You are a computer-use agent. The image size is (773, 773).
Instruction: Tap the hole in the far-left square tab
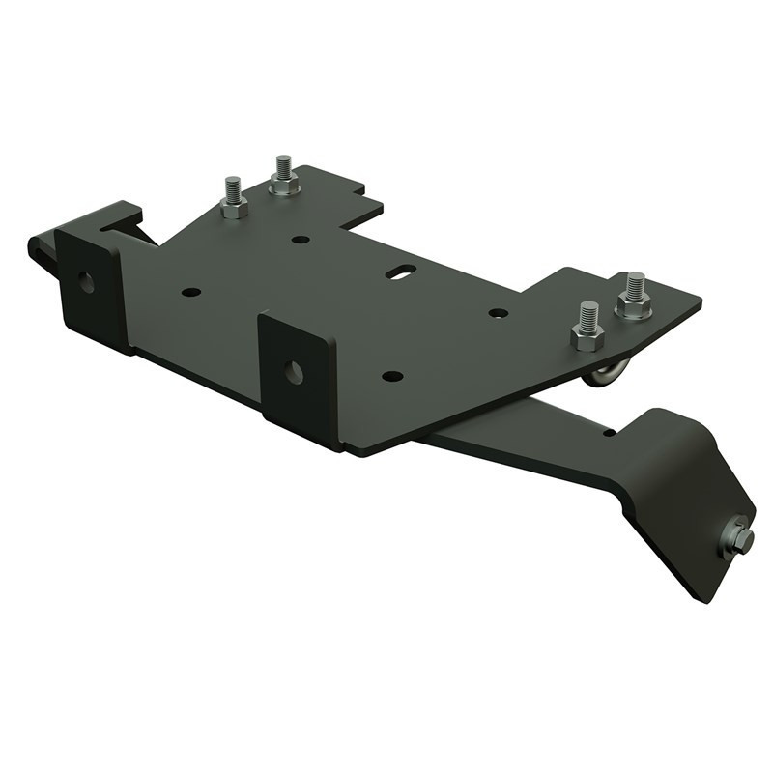[x=86, y=283]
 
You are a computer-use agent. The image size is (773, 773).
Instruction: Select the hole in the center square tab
[x=294, y=372]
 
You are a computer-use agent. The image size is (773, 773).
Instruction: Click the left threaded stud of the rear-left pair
[x=232, y=189]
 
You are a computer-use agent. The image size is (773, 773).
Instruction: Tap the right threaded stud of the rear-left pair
[x=283, y=167]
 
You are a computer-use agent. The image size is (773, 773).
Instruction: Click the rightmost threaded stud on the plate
[x=635, y=287]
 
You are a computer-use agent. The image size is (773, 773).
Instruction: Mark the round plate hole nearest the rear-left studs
[x=301, y=239]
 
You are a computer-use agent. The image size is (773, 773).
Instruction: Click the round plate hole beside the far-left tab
[x=191, y=291]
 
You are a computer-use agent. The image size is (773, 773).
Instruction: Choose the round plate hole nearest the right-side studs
[x=499, y=313]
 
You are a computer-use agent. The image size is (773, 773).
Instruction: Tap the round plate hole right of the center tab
[x=391, y=375]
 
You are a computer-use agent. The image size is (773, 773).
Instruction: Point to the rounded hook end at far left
[x=37, y=250]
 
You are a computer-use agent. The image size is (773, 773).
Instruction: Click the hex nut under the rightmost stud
[x=634, y=307]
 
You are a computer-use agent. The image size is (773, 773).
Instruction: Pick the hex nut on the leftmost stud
[x=233, y=208]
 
